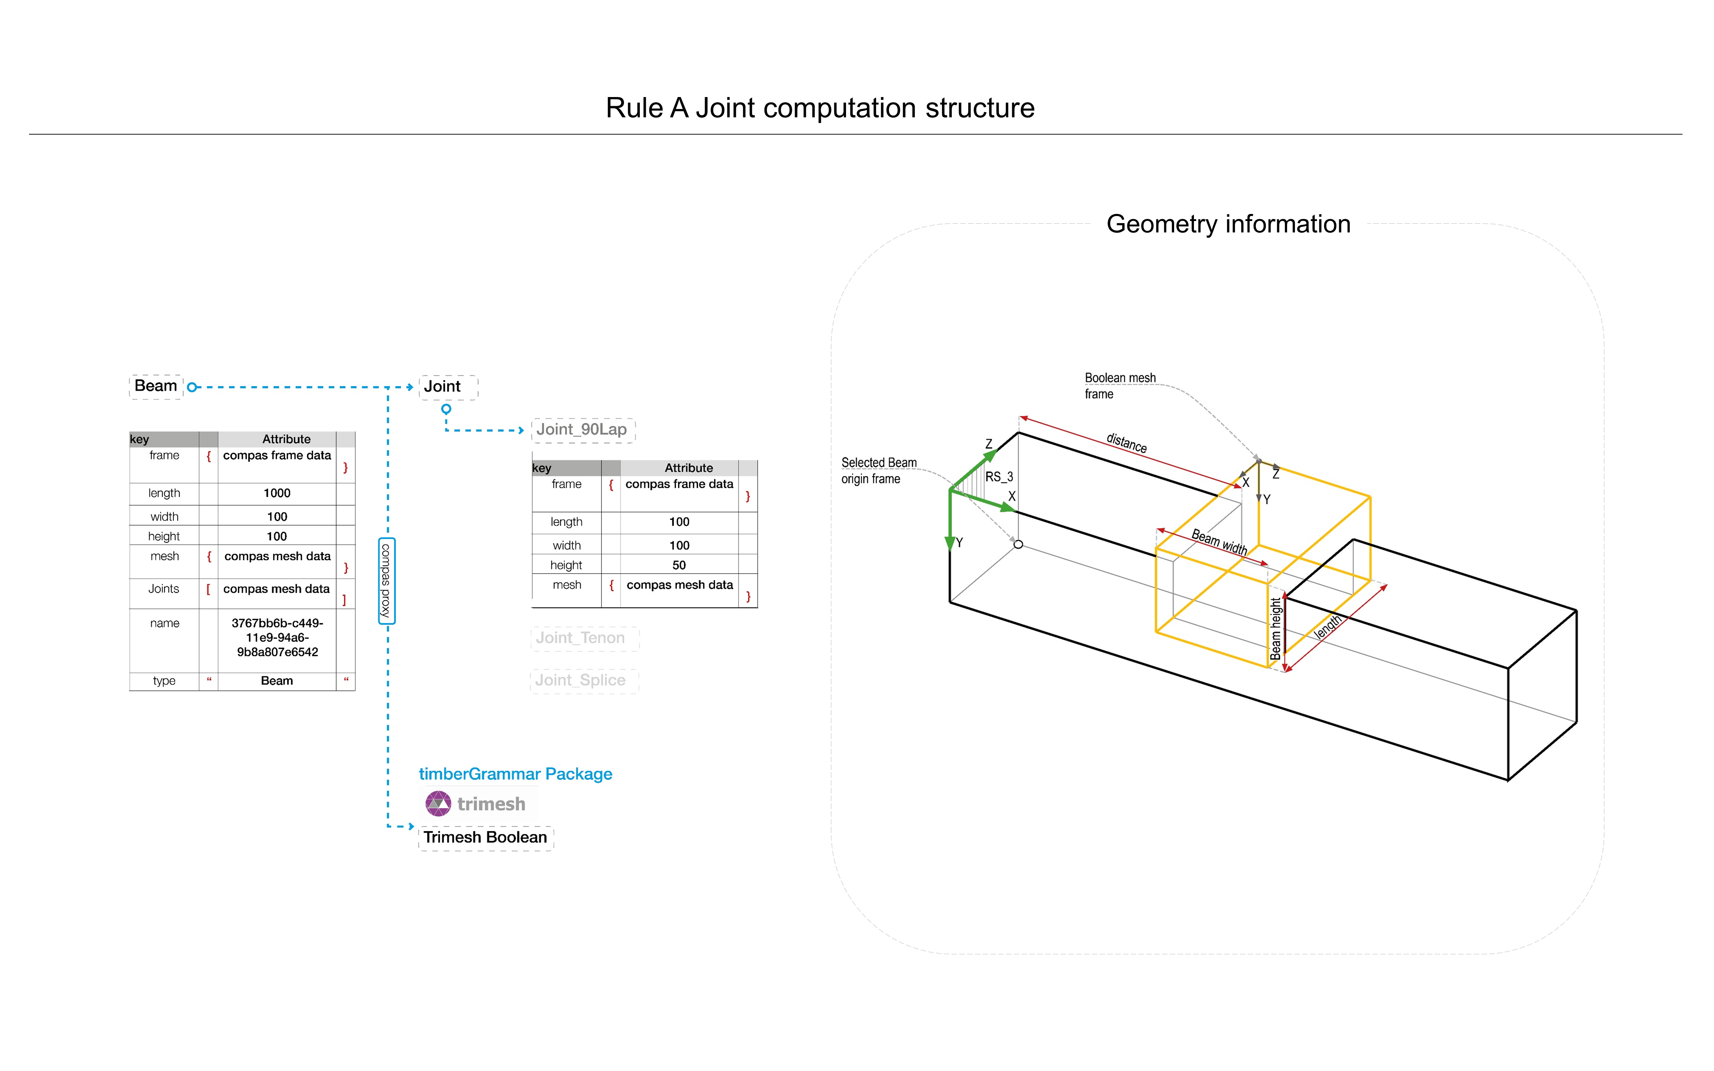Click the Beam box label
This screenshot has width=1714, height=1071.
(156, 386)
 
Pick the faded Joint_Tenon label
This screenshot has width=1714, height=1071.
(584, 638)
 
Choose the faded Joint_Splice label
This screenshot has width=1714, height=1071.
(584, 681)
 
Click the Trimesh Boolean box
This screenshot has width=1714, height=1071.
(485, 838)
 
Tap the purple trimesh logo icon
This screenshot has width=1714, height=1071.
(438, 804)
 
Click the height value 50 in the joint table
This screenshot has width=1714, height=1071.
(679, 565)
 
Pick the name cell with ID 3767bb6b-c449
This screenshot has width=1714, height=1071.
(277, 637)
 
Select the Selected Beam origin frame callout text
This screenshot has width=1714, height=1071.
(879, 470)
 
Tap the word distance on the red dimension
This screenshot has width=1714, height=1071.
(1127, 443)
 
